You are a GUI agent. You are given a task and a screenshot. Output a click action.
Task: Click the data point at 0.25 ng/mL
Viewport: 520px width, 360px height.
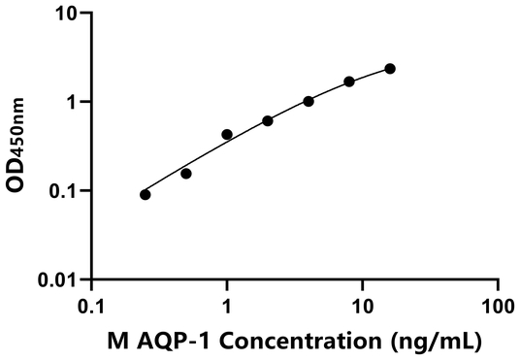pyautogui.click(x=146, y=194)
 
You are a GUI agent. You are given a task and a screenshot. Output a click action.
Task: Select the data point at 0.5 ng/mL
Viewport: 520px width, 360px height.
pyautogui.click(x=186, y=174)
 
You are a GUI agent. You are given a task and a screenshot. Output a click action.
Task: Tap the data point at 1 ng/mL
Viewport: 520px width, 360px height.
pyautogui.click(x=227, y=134)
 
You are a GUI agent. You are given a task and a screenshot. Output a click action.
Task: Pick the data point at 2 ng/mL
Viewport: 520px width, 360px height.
pyautogui.click(x=268, y=120)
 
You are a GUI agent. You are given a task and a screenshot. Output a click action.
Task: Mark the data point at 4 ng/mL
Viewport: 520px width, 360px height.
pyautogui.click(x=309, y=101)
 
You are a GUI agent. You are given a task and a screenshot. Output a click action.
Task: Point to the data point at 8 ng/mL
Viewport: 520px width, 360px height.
pyautogui.click(x=349, y=82)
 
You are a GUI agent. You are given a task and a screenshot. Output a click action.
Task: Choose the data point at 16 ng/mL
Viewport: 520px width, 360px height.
pyautogui.click(x=390, y=69)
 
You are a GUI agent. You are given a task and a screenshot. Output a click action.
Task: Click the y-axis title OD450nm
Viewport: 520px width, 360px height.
pyautogui.click(x=18, y=147)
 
